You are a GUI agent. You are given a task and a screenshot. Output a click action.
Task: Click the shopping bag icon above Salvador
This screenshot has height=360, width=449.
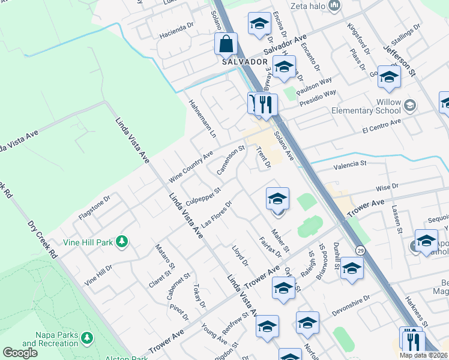coord(226,43)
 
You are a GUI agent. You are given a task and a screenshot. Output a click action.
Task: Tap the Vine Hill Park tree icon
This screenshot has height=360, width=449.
coord(122,241)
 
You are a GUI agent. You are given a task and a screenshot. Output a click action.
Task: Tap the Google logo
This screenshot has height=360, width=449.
coord(20,352)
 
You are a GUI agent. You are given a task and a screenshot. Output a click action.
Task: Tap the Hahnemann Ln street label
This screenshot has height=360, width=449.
coord(203,118)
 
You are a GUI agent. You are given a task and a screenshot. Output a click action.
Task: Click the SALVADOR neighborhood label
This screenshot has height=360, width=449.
coord(244,62)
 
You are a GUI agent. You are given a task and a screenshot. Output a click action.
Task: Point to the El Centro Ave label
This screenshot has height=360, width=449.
coord(381,125)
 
